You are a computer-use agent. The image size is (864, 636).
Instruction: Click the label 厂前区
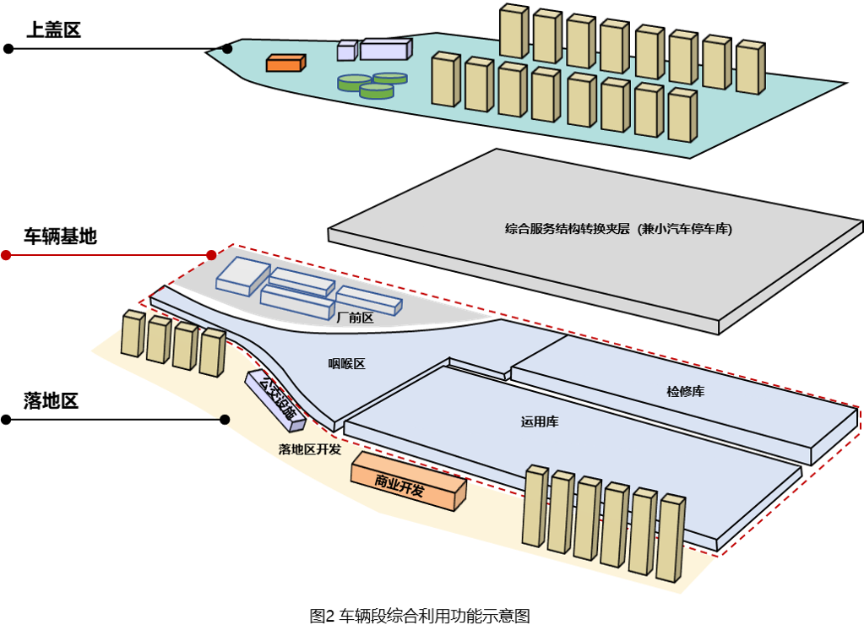(x=355, y=318)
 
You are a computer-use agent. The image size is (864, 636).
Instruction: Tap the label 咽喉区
(x=346, y=364)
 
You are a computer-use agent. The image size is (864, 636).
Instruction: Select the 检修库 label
(x=685, y=391)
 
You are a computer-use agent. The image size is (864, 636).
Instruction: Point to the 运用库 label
(x=540, y=421)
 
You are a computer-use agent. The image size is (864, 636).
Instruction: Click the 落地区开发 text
(x=310, y=449)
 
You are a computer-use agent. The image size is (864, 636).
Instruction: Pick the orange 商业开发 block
(x=408, y=481)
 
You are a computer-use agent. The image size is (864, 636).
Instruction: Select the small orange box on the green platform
(x=285, y=63)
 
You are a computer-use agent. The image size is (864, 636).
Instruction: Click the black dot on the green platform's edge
(x=227, y=49)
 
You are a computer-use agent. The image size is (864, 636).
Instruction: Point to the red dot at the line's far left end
(x=6, y=255)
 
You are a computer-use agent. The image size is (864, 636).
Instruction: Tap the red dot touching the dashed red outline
(x=211, y=255)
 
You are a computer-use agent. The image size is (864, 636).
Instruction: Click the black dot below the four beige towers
(x=225, y=420)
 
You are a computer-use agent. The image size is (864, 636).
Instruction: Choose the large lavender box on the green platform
(x=385, y=49)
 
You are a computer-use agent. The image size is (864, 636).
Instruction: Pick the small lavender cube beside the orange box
(x=346, y=52)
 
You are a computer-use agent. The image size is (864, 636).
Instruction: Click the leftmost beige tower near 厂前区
(x=133, y=334)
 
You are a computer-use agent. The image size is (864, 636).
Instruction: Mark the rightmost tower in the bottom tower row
(x=671, y=537)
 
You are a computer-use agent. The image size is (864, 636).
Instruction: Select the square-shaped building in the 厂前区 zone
(x=243, y=275)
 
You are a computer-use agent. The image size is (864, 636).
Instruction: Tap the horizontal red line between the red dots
(x=108, y=255)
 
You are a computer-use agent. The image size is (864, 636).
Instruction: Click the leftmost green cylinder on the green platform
(x=354, y=83)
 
